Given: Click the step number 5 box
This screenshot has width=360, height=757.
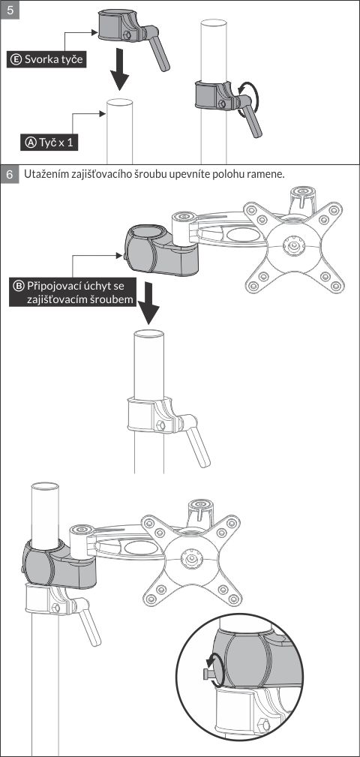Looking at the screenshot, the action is pyautogui.click(x=10, y=10).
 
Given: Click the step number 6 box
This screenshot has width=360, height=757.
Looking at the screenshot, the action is pyautogui.click(x=10, y=174).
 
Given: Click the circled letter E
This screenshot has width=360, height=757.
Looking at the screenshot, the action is pyautogui.click(x=16, y=60).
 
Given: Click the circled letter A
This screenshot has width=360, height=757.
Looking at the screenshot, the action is pyautogui.click(x=31, y=143).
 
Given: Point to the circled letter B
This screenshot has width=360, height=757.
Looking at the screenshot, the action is pyautogui.click(x=19, y=285).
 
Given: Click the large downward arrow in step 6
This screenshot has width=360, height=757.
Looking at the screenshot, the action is pyautogui.click(x=148, y=303).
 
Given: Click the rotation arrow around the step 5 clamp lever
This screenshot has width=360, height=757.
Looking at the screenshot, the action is pyautogui.click(x=250, y=100).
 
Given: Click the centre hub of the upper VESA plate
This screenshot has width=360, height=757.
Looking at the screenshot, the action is pyautogui.click(x=292, y=246).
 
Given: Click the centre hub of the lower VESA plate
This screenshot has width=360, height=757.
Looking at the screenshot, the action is pyautogui.click(x=189, y=557).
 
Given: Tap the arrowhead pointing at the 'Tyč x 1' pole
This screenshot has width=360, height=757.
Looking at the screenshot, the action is pyautogui.click(x=102, y=114).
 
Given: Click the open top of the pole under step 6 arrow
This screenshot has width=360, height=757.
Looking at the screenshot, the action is pyautogui.click(x=148, y=334).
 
